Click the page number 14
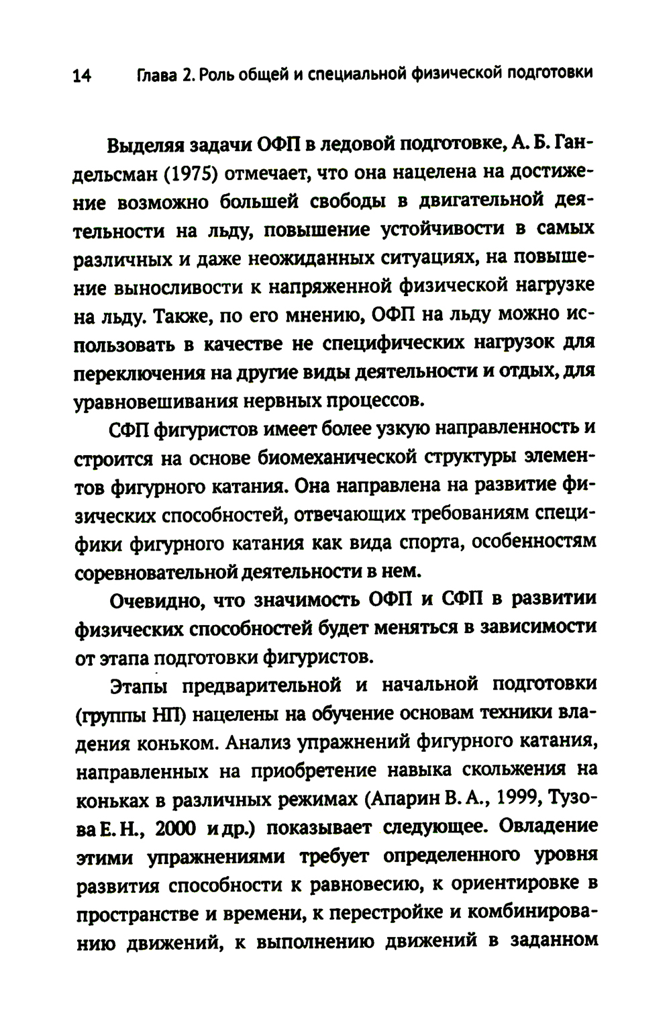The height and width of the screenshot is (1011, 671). pyautogui.click(x=82, y=76)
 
